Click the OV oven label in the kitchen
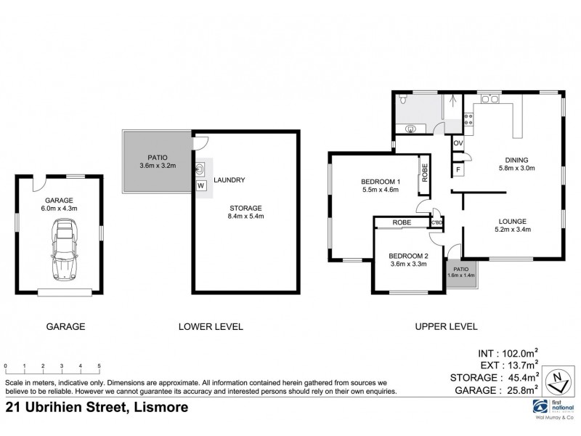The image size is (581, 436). point(458,143)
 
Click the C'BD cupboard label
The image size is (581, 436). point(436,222)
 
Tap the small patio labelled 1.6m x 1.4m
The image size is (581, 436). point(460,272)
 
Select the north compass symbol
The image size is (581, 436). point(558,379)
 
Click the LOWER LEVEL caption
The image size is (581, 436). point(211,327)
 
